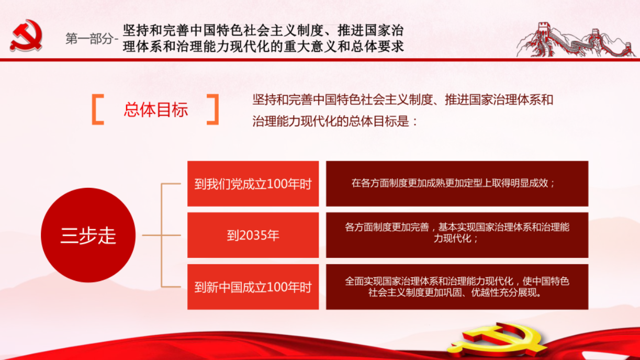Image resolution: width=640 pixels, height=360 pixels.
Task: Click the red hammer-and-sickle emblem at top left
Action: click(x=26, y=36)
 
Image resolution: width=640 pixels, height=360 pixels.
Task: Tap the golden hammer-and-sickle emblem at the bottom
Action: click(x=497, y=340)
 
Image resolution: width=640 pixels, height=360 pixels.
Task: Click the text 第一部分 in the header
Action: click(x=89, y=39)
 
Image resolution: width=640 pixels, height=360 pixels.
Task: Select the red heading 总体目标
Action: click(x=156, y=109)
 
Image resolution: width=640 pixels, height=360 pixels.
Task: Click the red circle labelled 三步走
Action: click(x=88, y=235)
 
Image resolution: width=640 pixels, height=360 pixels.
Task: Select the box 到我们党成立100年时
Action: click(x=253, y=184)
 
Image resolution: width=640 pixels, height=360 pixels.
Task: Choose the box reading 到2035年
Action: click(x=253, y=235)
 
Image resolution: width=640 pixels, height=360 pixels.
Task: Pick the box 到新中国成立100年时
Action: click(x=253, y=287)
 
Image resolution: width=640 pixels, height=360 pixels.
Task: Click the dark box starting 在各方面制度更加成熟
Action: click(x=457, y=184)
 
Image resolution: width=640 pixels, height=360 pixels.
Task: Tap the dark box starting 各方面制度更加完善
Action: click(x=457, y=235)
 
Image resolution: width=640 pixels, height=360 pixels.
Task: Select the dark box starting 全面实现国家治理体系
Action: click(x=457, y=287)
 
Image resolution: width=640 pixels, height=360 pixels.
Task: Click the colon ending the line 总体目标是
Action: click(x=415, y=122)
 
